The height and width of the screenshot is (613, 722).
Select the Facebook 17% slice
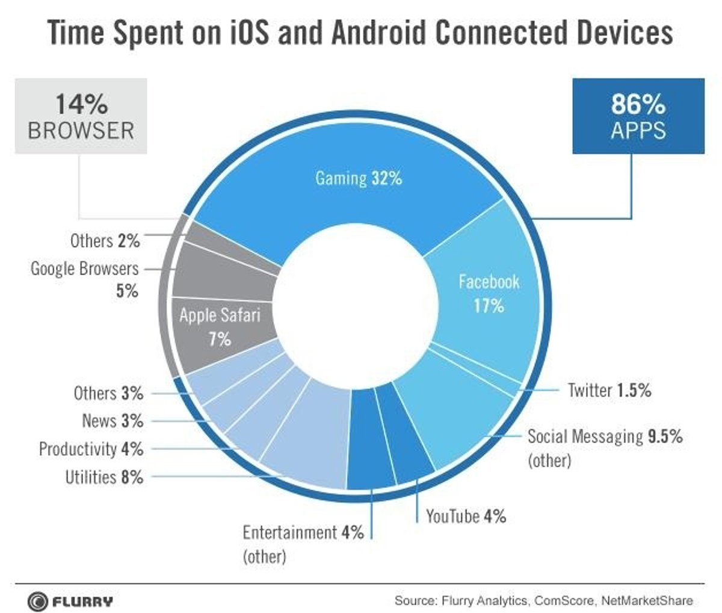488,293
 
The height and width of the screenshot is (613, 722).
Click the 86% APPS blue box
638,116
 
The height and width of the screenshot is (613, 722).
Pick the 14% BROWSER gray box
81,116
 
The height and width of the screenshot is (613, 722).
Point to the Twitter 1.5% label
609,390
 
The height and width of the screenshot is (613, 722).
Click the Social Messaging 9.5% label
605,436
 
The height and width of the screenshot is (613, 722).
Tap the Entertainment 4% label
303,532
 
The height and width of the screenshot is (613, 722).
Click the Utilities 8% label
104,478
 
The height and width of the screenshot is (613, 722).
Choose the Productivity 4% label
91,449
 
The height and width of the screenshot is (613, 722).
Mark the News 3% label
113,421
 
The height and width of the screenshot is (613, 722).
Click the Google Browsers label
85,269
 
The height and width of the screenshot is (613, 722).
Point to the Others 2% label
105,241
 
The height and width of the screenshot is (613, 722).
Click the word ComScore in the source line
562,600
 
